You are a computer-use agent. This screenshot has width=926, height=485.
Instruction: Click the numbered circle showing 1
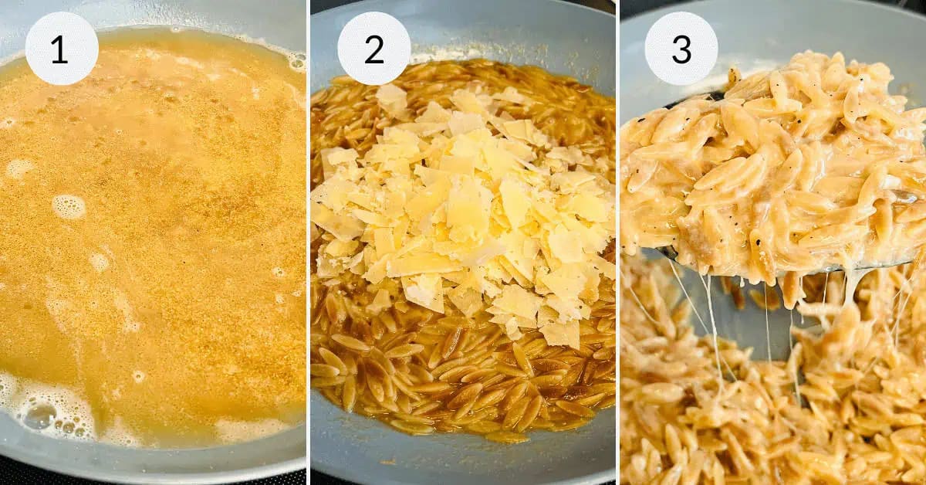click(62, 48)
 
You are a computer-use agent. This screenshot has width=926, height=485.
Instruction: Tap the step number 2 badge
click(373, 48)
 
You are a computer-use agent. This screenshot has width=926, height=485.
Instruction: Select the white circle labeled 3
click(681, 48)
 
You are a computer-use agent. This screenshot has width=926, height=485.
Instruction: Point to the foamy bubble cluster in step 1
click(46, 409)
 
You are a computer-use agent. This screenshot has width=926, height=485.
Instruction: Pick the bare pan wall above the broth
click(193, 15)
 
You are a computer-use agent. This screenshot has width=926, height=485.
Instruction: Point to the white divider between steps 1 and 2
click(308, 242)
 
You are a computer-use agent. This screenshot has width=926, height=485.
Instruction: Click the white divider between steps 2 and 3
click(617, 242)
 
